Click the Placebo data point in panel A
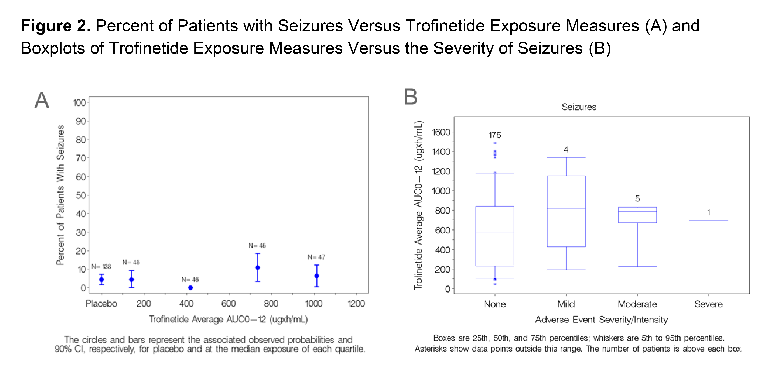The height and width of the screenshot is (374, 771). tap(102, 280)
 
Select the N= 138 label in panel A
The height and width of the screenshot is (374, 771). tap(101, 266)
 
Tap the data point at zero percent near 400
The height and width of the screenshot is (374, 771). tap(190, 288)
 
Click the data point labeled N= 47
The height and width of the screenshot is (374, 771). tap(317, 276)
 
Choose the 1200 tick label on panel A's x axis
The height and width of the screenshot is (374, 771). tap(356, 304)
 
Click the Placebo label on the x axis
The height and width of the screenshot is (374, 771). tap(101, 304)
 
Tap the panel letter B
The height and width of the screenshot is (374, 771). tap(411, 97)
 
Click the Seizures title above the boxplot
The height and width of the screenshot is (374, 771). tap(579, 107)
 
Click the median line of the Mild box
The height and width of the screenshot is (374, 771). tap(566, 209)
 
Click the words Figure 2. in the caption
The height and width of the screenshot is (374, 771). tap(56, 26)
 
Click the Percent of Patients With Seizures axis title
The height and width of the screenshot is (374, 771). tap(60, 195)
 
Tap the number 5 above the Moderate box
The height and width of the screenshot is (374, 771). tap(637, 199)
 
